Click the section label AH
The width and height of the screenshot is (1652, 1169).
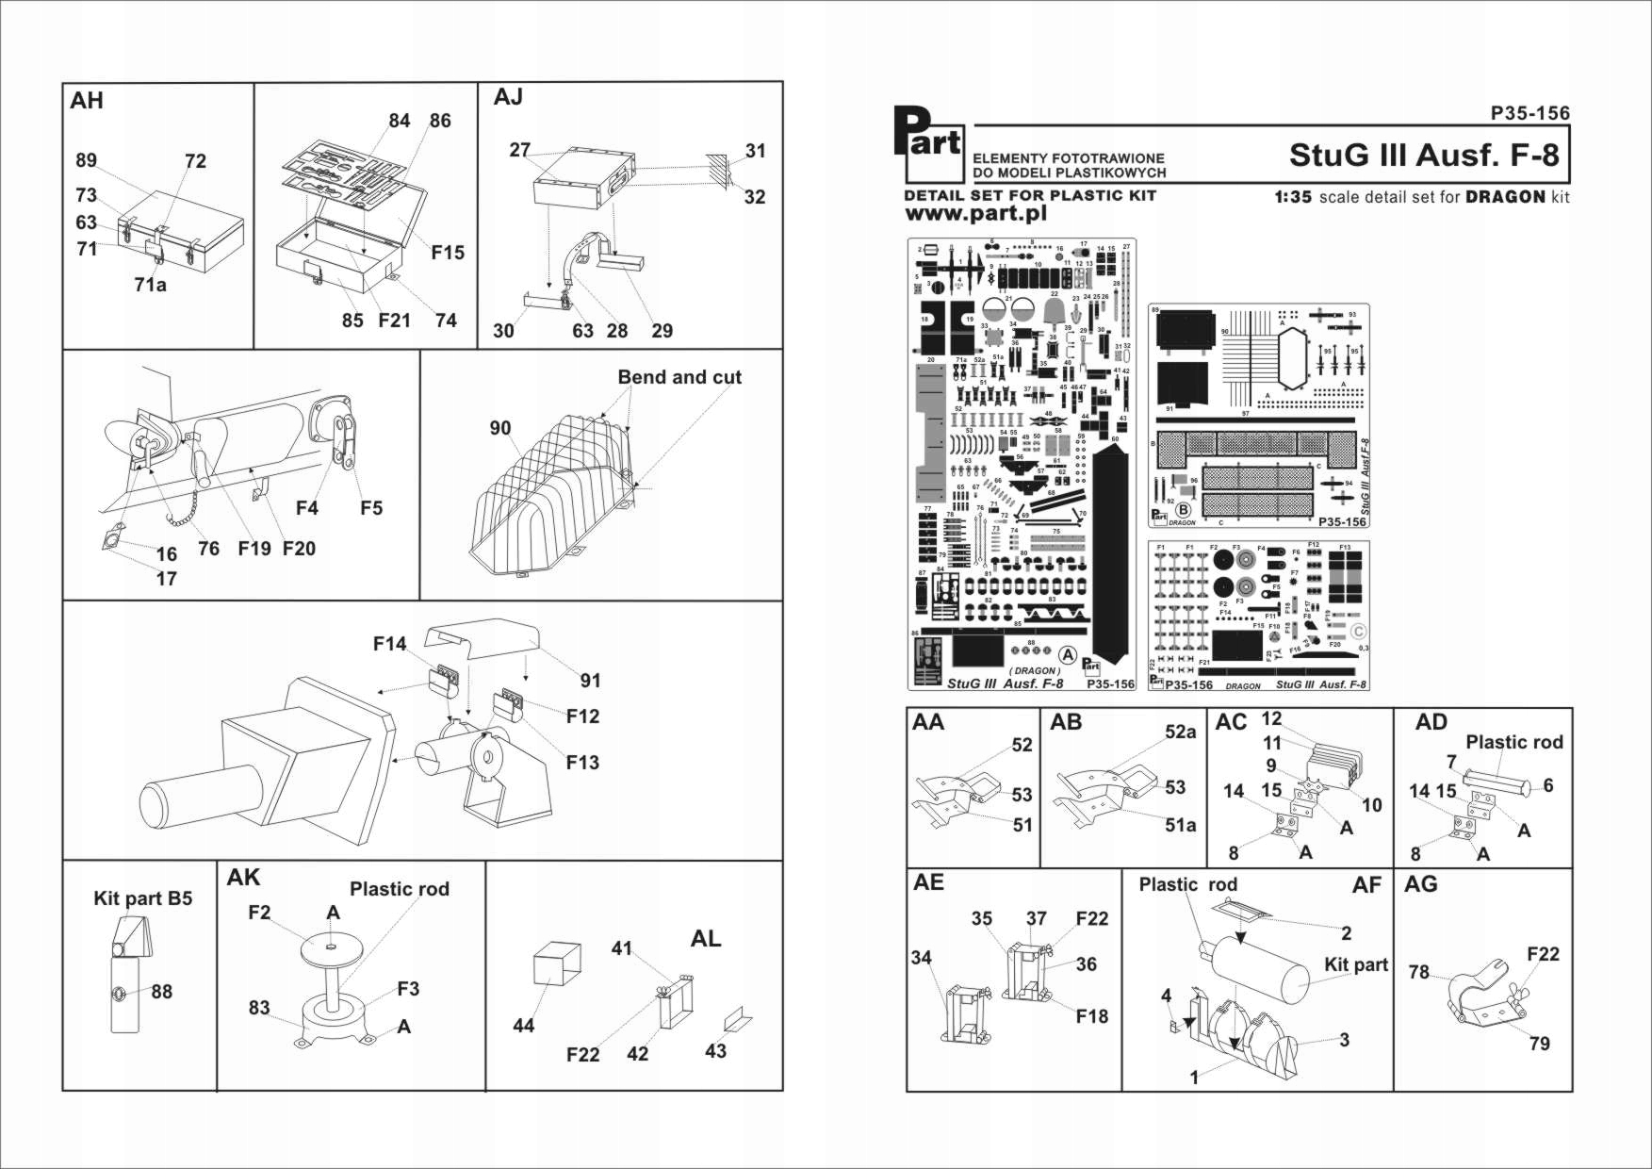[87, 101]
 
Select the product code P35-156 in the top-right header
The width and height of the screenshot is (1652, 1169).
[1529, 113]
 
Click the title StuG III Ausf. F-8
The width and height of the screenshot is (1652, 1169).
[1423, 155]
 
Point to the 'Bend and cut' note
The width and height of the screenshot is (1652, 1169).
[679, 377]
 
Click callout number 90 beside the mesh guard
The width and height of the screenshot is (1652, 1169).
[499, 428]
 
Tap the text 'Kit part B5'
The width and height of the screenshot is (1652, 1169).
[142, 898]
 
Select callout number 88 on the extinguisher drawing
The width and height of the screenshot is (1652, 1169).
[161, 992]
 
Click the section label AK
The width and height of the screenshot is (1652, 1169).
[242, 878]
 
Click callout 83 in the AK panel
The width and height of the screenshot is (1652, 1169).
[259, 1008]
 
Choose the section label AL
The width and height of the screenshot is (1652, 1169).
[705, 939]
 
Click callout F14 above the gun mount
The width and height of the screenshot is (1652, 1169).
[389, 644]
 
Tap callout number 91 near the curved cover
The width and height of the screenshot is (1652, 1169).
[590, 681]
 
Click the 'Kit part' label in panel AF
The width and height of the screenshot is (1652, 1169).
[1355, 964]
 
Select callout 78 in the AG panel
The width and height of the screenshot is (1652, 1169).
[1418, 972]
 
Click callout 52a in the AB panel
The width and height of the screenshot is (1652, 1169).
[1180, 732]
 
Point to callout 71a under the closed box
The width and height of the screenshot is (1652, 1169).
[150, 284]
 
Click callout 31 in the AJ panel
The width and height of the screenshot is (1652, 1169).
[755, 151]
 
